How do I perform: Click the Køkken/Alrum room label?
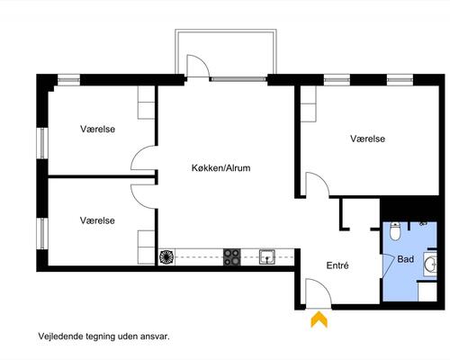220,167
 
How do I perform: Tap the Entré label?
337,265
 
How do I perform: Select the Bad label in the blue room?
406,259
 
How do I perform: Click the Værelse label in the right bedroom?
367,139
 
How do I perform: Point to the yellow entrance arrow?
319,319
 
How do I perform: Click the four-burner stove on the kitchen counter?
232,257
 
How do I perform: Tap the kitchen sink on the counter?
267,257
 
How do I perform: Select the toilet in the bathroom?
395,231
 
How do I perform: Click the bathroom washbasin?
430,265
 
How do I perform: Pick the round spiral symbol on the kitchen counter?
167,257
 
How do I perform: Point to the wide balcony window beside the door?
238,79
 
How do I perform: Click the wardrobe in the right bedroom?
309,103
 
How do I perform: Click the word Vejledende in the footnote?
57,337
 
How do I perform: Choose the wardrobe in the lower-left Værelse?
146,247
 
